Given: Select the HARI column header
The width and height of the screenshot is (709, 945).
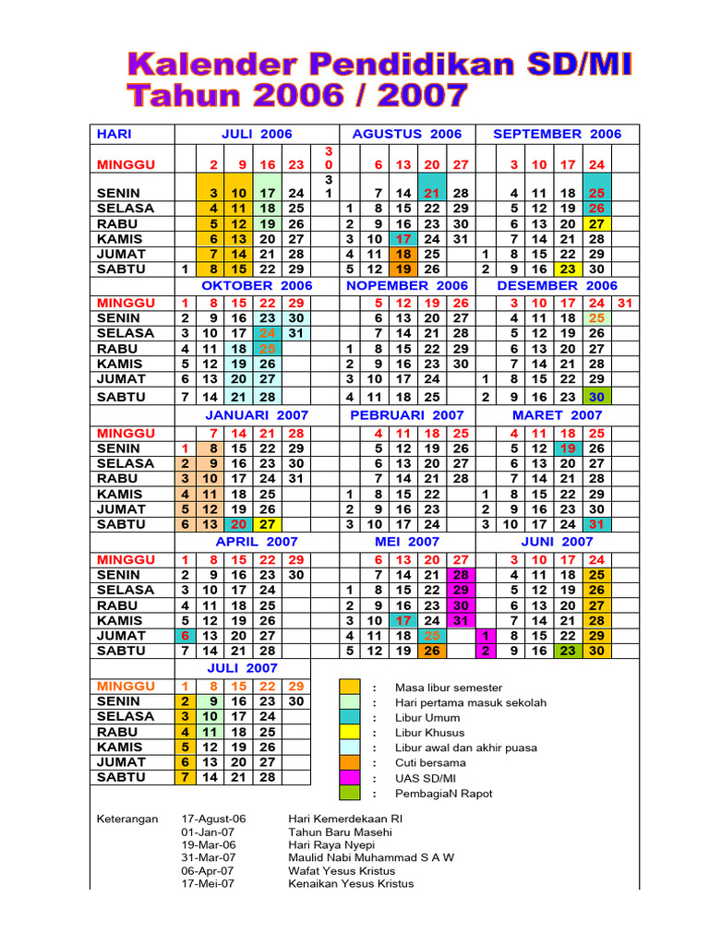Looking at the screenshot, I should click(x=114, y=134).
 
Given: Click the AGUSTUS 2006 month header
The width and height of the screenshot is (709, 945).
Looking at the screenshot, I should click(x=406, y=134).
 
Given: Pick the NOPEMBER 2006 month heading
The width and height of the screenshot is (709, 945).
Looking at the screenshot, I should click(x=406, y=286).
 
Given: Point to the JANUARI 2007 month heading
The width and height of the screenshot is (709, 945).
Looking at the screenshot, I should click(x=257, y=415).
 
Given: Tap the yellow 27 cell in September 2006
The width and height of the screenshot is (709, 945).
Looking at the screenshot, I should click(x=596, y=223).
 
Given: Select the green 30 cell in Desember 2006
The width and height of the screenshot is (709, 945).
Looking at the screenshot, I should click(x=596, y=397).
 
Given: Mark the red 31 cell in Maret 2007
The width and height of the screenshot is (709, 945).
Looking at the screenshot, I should click(x=596, y=524).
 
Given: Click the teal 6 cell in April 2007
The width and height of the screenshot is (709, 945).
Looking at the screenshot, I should click(x=186, y=636).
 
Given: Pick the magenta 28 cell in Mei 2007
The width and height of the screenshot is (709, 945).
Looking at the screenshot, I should click(x=459, y=575).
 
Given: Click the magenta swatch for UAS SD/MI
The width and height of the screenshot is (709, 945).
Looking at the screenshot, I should click(x=350, y=778).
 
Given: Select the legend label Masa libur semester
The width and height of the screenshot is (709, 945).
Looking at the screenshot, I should click(x=449, y=688).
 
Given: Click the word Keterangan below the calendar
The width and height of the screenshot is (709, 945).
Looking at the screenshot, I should click(x=127, y=819).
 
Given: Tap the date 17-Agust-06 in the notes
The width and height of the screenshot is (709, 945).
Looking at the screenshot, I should click(x=214, y=819).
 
